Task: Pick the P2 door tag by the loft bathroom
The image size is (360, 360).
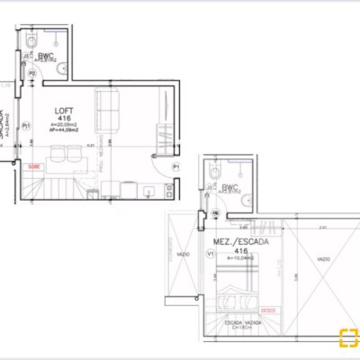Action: point(32,73)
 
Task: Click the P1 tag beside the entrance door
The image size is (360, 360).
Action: point(176,167)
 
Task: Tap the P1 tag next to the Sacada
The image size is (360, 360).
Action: point(26,125)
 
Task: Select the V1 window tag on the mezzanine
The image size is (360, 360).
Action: point(211,254)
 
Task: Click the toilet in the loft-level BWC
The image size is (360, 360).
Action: point(31,40)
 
